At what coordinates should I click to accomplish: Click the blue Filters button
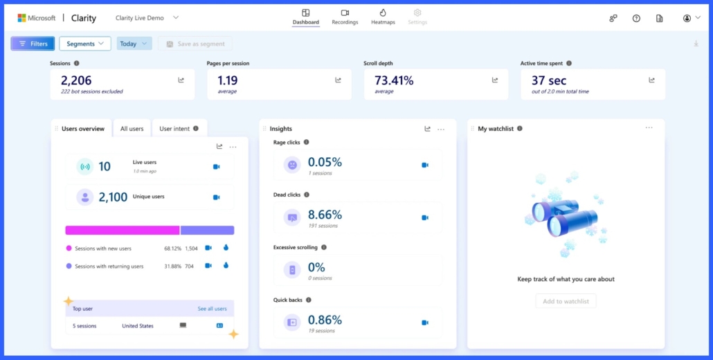[x=33, y=44]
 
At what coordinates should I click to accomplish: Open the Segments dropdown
[x=84, y=44]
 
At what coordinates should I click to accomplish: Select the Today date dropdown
[x=134, y=44]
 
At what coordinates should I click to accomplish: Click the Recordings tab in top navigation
[x=345, y=17]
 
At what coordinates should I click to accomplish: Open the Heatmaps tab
[x=383, y=17]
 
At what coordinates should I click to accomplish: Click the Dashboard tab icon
[x=305, y=12]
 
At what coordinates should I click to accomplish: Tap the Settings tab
[x=417, y=17]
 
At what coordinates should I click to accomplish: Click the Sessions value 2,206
[x=76, y=80]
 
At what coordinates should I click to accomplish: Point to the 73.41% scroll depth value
[x=394, y=80]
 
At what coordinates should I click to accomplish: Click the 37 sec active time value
[x=549, y=80]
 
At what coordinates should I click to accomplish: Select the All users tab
[x=132, y=129]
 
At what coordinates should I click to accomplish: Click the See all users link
[x=212, y=309]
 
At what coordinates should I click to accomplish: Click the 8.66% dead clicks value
[x=325, y=215]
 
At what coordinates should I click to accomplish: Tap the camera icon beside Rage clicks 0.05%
[x=425, y=165]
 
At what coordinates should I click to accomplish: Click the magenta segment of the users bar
[x=122, y=230]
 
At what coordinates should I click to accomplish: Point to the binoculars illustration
[x=564, y=215]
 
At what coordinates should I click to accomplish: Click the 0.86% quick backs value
[x=325, y=320]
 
